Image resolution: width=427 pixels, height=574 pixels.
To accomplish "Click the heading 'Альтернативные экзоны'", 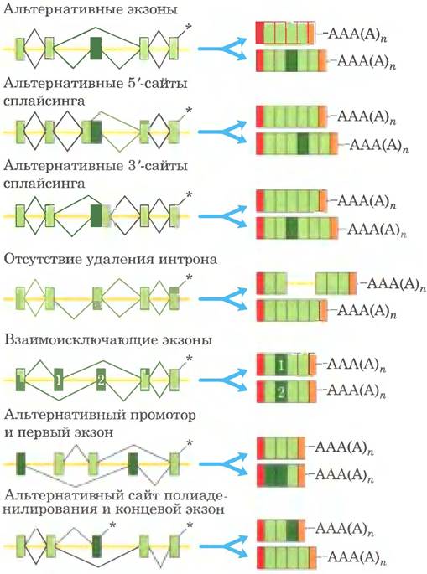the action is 90,8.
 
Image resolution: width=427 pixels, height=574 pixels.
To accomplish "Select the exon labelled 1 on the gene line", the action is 58,380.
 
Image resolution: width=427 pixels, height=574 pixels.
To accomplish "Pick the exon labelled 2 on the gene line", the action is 101,380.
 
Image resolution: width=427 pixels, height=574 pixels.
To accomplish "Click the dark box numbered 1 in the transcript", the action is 281,365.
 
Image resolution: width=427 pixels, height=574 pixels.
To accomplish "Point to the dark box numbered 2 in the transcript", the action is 281,392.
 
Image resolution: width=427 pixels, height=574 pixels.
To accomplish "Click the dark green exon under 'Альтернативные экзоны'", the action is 96,49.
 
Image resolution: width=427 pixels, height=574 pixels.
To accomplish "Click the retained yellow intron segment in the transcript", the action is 301,283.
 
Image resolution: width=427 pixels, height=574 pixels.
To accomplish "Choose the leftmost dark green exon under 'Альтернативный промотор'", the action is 21,464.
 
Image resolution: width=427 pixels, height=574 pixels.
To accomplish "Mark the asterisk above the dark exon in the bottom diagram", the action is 112,525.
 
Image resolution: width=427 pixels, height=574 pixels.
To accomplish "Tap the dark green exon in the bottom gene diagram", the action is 96,546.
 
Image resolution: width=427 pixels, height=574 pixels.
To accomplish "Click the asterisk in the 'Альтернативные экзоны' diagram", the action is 189,28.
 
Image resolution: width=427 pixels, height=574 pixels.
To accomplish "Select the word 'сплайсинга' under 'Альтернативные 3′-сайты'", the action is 44,183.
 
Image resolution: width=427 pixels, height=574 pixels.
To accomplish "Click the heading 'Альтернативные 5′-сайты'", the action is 96,84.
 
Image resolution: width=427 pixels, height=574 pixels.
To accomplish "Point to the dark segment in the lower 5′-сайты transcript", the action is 303,143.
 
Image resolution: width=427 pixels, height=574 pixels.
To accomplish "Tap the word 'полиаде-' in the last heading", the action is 196,496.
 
